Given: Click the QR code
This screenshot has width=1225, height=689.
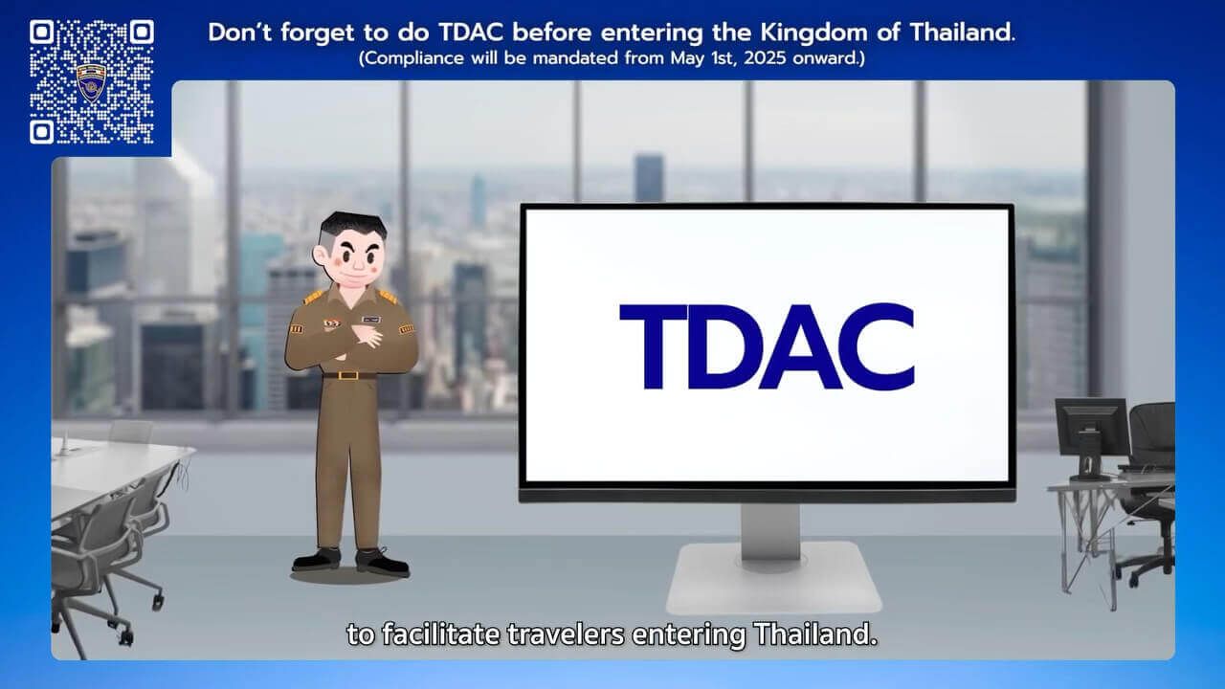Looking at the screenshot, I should [x=91, y=81].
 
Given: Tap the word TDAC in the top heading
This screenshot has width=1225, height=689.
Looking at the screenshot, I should [x=471, y=32].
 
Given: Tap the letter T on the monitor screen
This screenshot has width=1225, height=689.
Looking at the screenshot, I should [x=653, y=346].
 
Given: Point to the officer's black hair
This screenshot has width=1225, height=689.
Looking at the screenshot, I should [x=353, y=227].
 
